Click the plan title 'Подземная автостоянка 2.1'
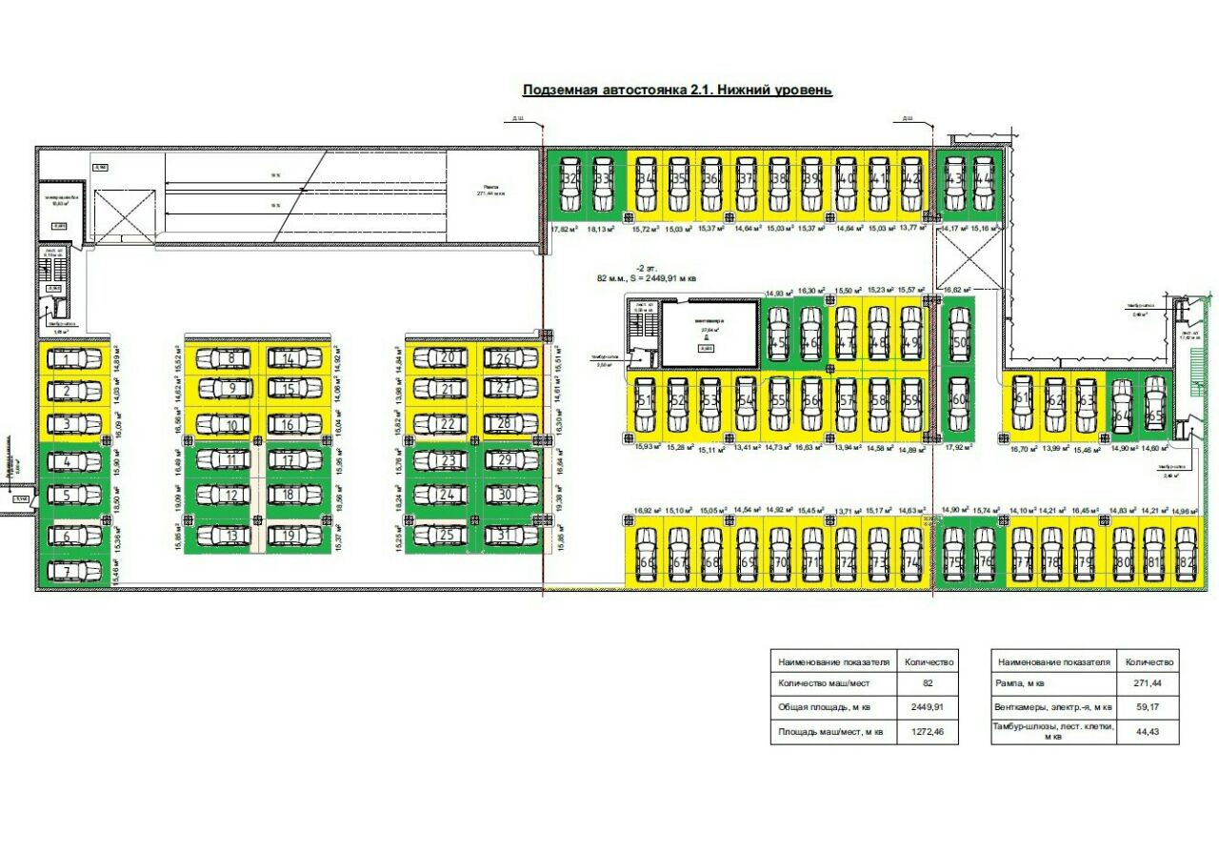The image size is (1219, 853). (x=677, y=90)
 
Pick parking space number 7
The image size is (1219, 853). (x=74, y=571)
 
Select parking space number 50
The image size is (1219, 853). (x=959, y=343)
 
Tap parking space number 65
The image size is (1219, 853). (x=1154, y=404)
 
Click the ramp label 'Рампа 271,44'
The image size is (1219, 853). (x=491, y=190)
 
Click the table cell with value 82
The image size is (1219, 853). (x=928, y=683)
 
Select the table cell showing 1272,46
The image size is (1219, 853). (x=928, y=732)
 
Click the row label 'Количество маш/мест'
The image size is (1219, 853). (x=824, y=683)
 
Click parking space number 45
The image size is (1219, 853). (x=778, y=334)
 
